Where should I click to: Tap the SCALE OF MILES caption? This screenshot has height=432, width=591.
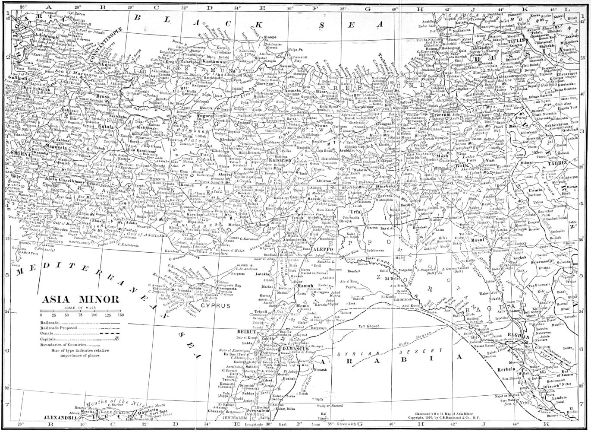click(x=82, y=307)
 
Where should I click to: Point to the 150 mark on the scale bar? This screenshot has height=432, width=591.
click(x=121, y=315)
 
